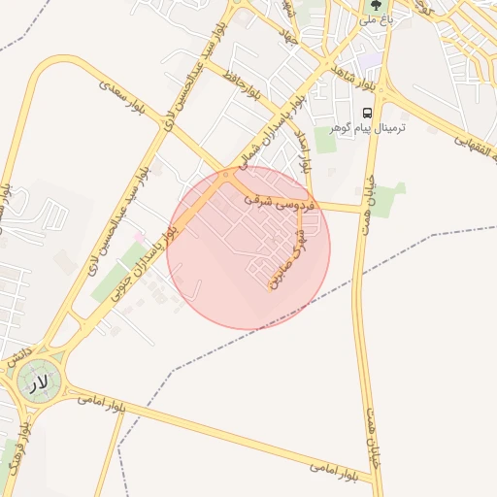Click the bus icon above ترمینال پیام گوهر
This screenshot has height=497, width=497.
click(x=367, y=112)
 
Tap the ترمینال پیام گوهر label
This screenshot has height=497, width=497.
click(x=368, y=128)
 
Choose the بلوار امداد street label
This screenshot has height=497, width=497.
click(x=304, y=149)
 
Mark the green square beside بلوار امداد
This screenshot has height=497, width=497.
click(x=325, y=141)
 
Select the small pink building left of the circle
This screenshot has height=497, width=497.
click(x=140, y=237)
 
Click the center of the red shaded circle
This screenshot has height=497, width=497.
click(x=248, y=247)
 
